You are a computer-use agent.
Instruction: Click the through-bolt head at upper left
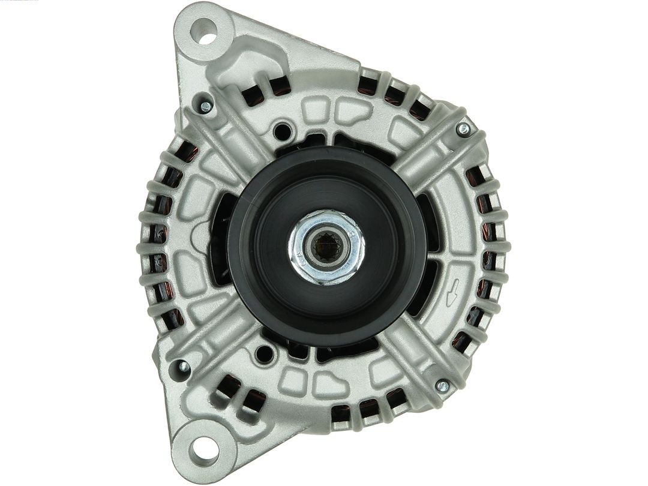coord(205,107)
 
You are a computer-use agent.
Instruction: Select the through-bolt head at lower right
coord(443,386)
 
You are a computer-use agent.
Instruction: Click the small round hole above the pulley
coord(281,130)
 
